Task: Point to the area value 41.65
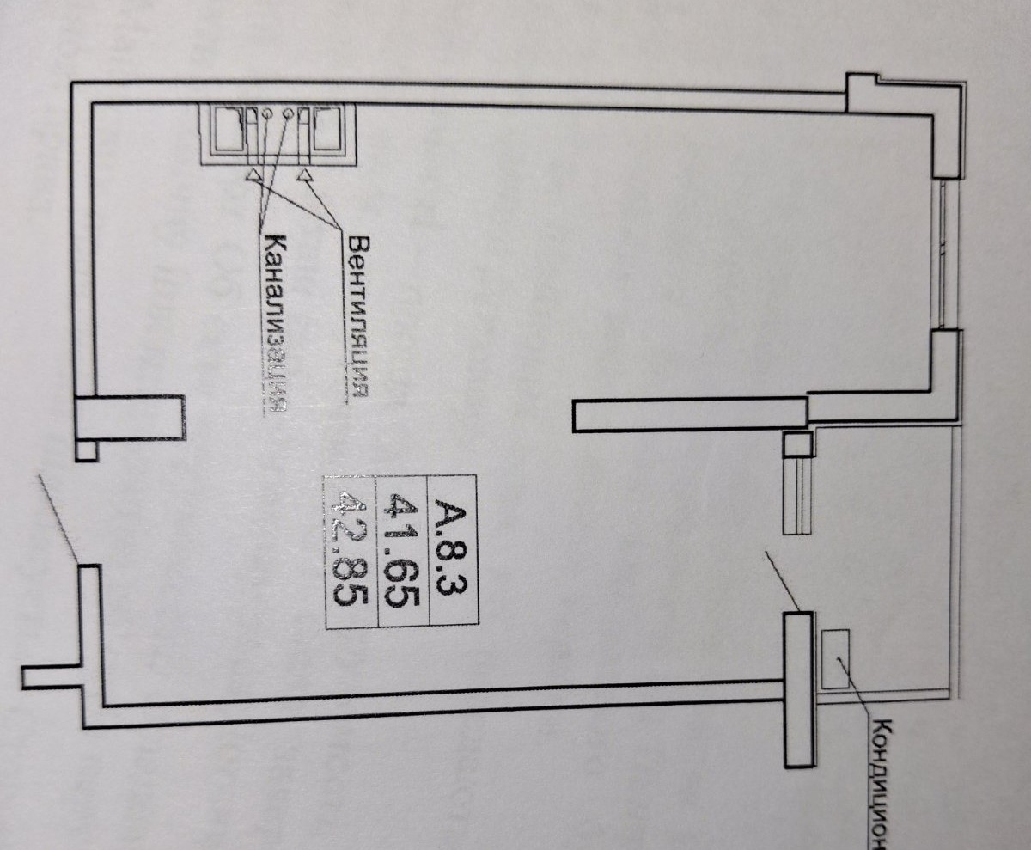404,550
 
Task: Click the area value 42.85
350,550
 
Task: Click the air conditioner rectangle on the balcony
834,658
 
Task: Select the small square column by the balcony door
797,443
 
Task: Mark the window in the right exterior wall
945,254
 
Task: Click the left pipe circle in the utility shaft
265,113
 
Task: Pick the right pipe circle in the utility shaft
289,113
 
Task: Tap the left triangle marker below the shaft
253,175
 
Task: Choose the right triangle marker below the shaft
305,175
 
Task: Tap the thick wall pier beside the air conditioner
798,688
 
